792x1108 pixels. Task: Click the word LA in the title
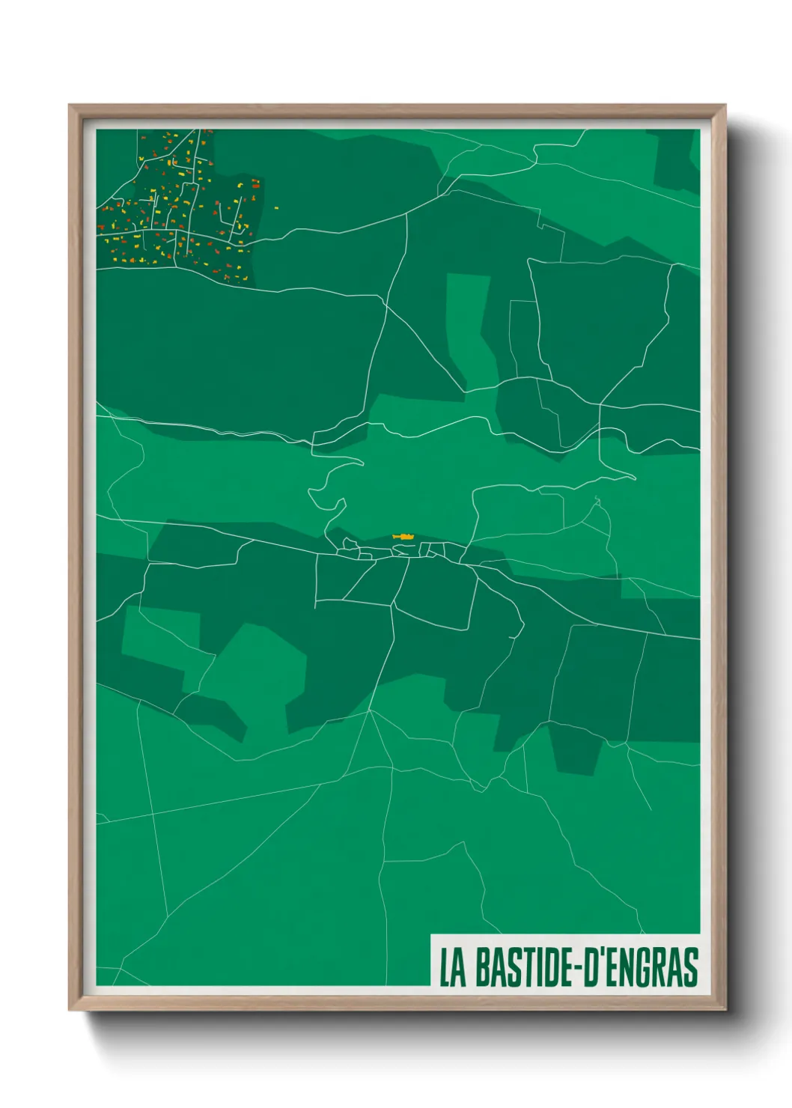(x=452, y=967)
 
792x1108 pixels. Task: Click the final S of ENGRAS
(x=691, y=967)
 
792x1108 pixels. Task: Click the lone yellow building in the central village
(x=403, y=537)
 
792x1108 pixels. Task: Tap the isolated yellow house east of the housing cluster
(x=275, y=208)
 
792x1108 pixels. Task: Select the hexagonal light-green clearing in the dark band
(x=255, y=674)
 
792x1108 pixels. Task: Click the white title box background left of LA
(x=435, y=967)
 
